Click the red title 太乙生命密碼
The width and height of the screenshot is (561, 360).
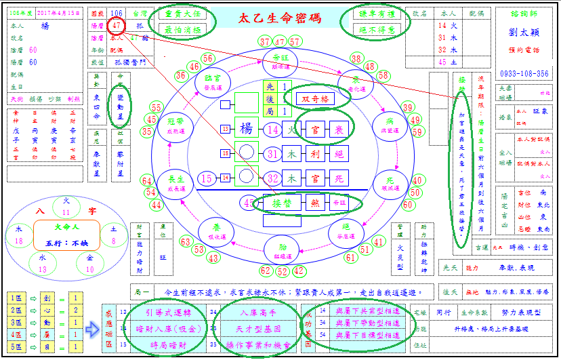click(280, 19)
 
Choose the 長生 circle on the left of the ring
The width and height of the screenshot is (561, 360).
click(175, 182)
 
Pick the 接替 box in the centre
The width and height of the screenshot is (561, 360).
click(279, 202)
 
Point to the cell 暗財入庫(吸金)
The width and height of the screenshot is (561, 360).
click(167, 329)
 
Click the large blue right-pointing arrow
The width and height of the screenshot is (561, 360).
click(93, 329)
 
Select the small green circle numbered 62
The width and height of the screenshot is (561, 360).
click(266, 271)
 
